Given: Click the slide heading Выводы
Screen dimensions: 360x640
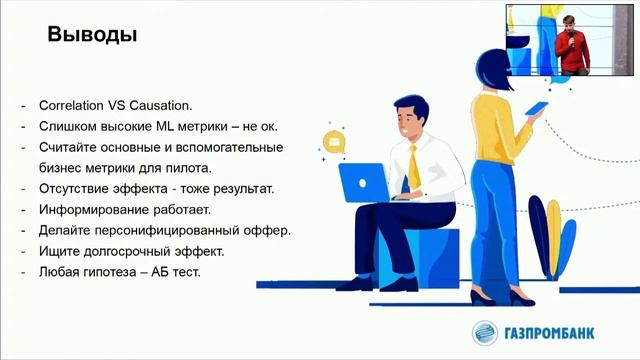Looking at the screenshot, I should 93,35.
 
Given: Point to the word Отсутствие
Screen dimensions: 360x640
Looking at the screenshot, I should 77,188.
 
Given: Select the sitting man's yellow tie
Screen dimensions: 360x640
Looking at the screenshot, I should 413,166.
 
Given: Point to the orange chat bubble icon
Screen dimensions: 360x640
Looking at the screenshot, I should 333,141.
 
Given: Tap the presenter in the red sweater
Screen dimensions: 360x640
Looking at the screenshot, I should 572,46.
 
